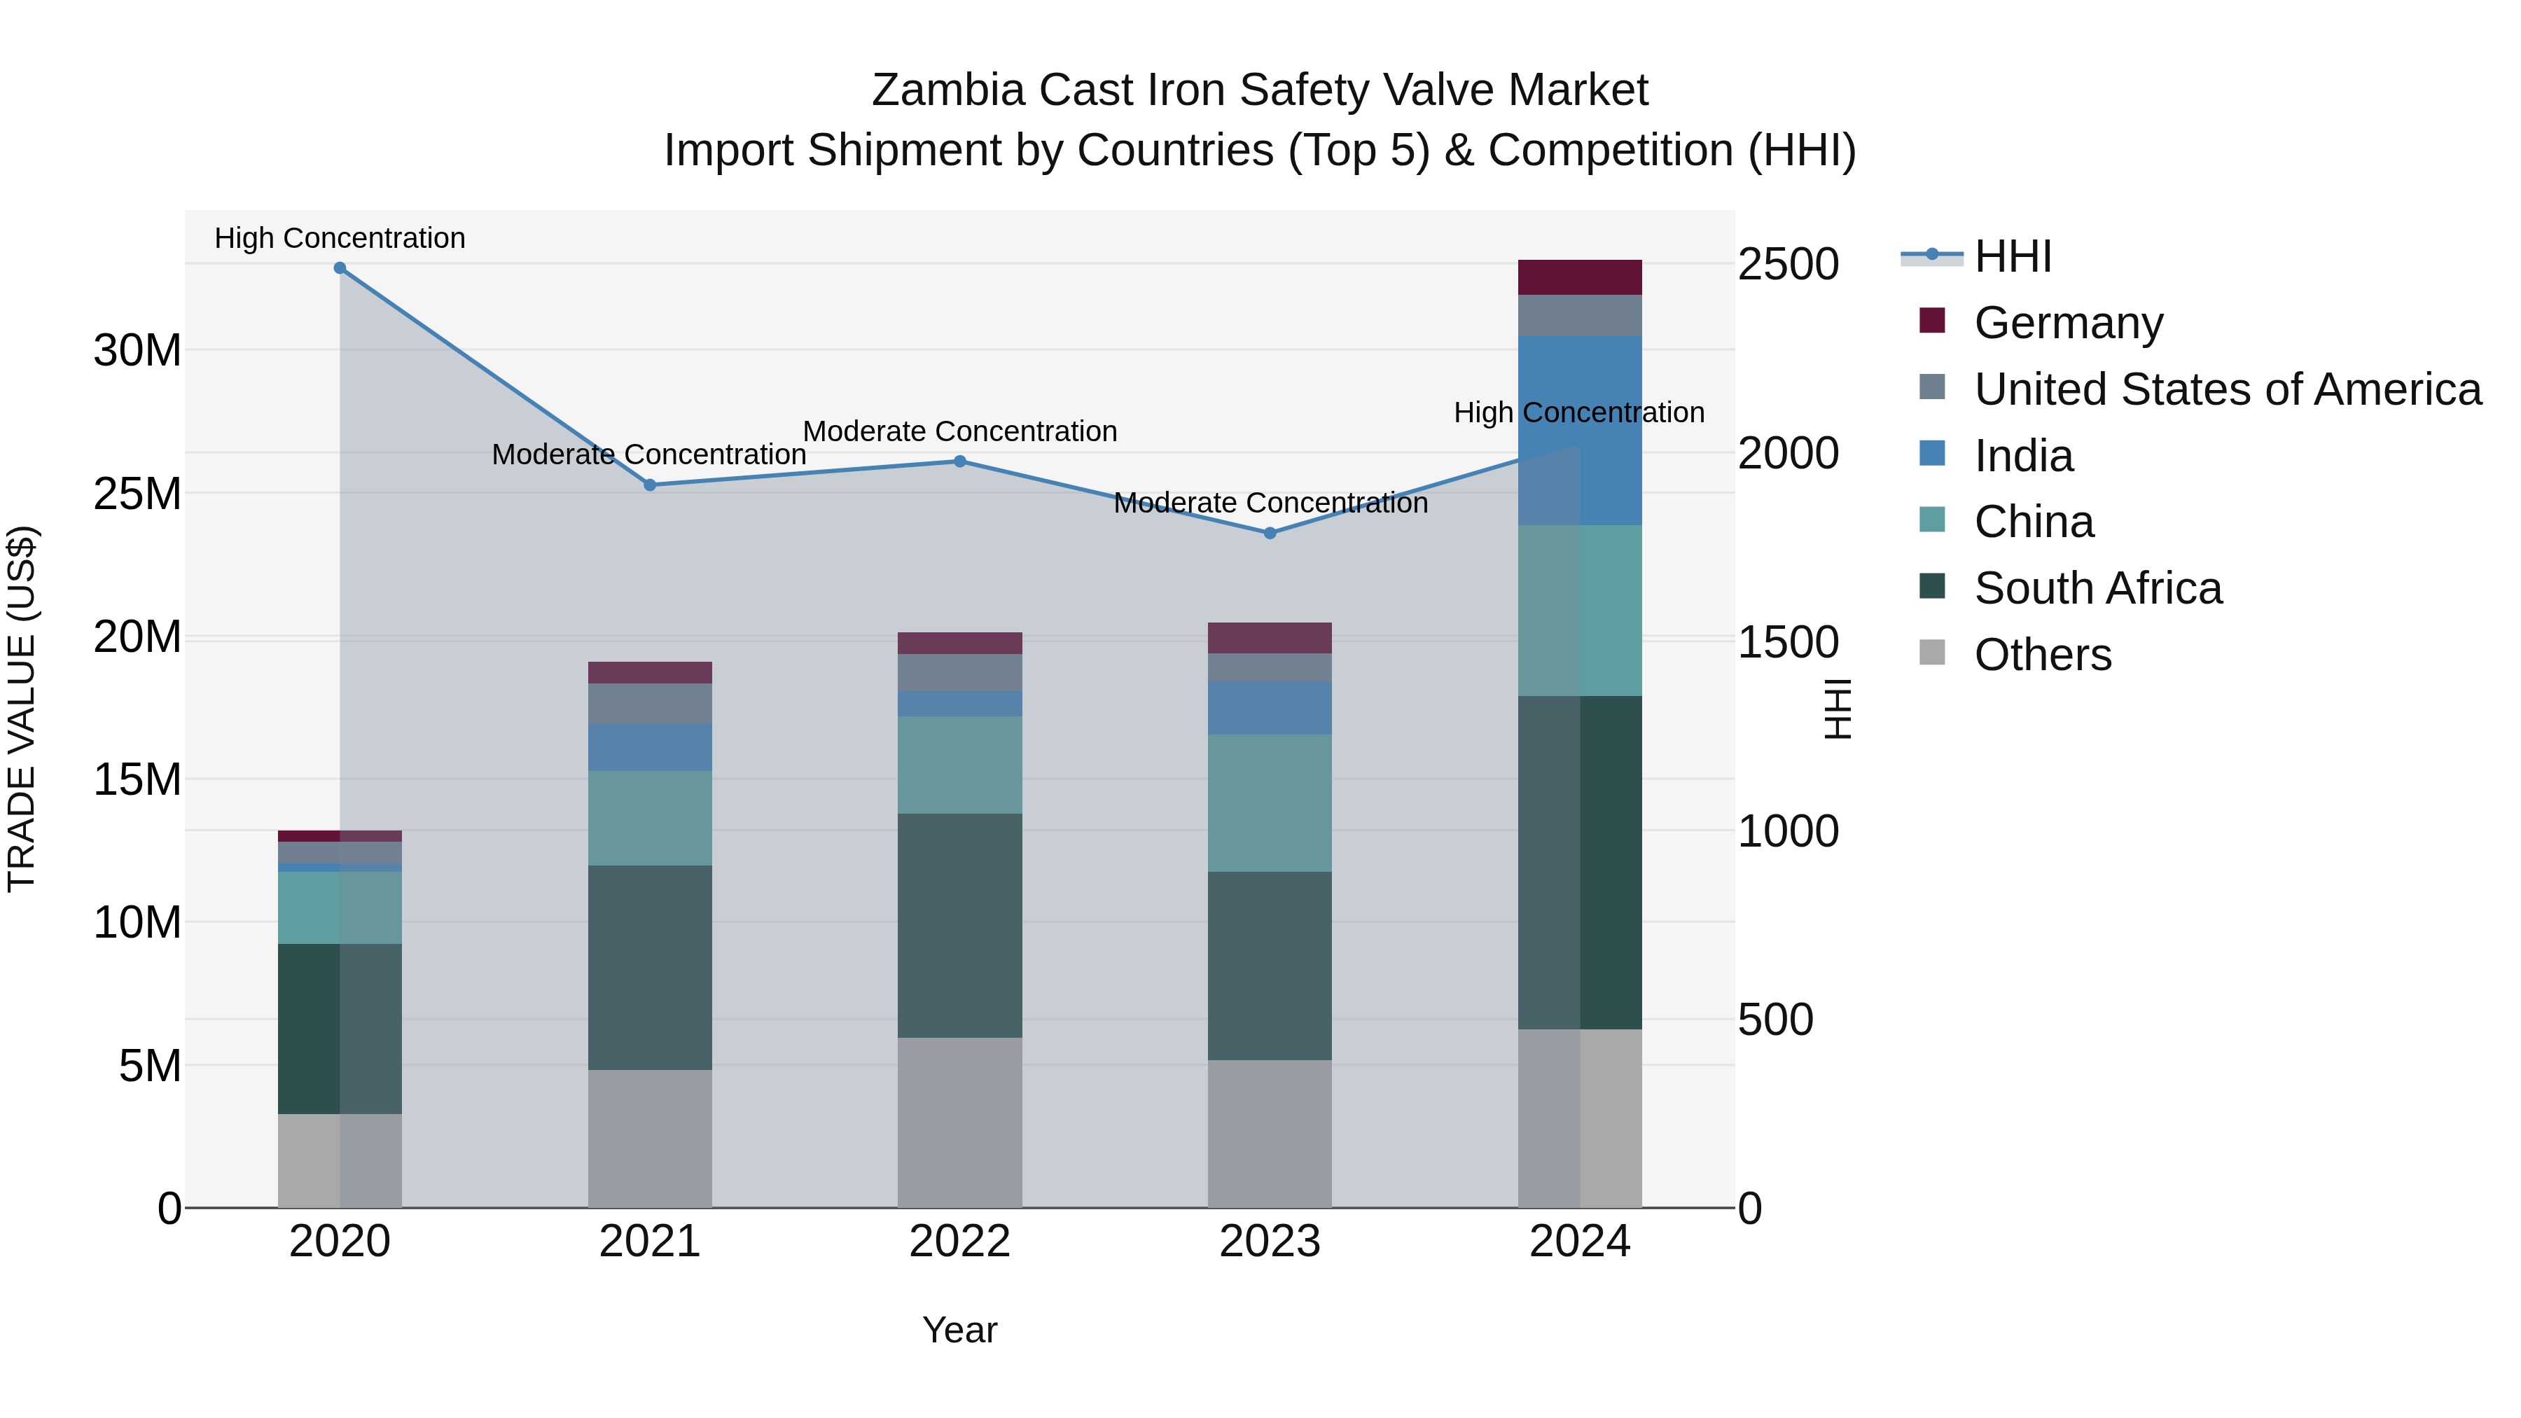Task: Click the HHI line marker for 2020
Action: [x=340, y=268]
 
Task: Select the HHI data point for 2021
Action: [x=650, y=485]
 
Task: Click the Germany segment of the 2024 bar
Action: [x=1580, y=278]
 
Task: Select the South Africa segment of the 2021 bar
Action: [x=650, y=967]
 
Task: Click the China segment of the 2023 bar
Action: [x=1270, y=802]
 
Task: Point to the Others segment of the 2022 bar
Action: [x=960, y=1122]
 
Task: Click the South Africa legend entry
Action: [x=2097, y=589]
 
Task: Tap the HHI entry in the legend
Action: [x=2012, y=256]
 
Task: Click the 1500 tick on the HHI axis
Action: [x=1788, y=643]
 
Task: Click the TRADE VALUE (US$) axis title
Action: [x=22, y=709]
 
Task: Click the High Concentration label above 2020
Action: [x=340, y=238]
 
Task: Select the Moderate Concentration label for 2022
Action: [x=960, y=431]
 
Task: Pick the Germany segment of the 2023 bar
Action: [x=1270, y=638]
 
